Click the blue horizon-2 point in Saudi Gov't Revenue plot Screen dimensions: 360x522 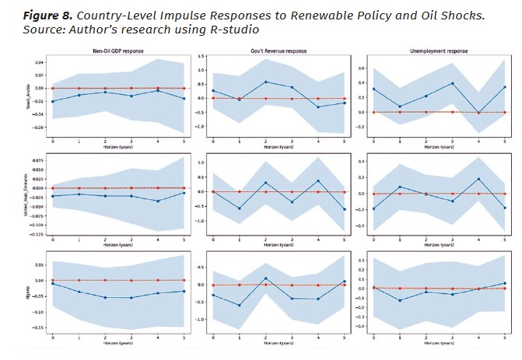(266, 82)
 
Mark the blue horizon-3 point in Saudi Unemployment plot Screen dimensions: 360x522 (450, 83)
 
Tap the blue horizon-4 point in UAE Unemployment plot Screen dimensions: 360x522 (478, 179)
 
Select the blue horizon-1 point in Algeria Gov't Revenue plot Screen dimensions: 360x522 (238, 306)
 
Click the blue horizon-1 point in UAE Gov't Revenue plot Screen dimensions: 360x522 (238, 208)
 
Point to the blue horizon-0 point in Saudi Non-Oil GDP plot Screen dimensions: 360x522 (53, 102)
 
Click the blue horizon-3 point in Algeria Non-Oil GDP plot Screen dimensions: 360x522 (131, 298)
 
